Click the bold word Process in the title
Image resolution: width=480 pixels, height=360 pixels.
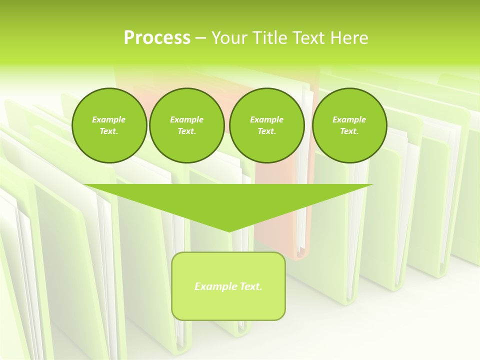pos(157,38)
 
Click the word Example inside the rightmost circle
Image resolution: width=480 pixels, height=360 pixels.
pos(349,119)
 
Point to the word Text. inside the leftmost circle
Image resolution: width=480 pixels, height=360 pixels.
pos(109,131)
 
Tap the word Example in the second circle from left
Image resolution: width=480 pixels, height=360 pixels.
pos(186,119)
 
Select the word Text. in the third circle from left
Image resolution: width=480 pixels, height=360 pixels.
pos(267,131)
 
